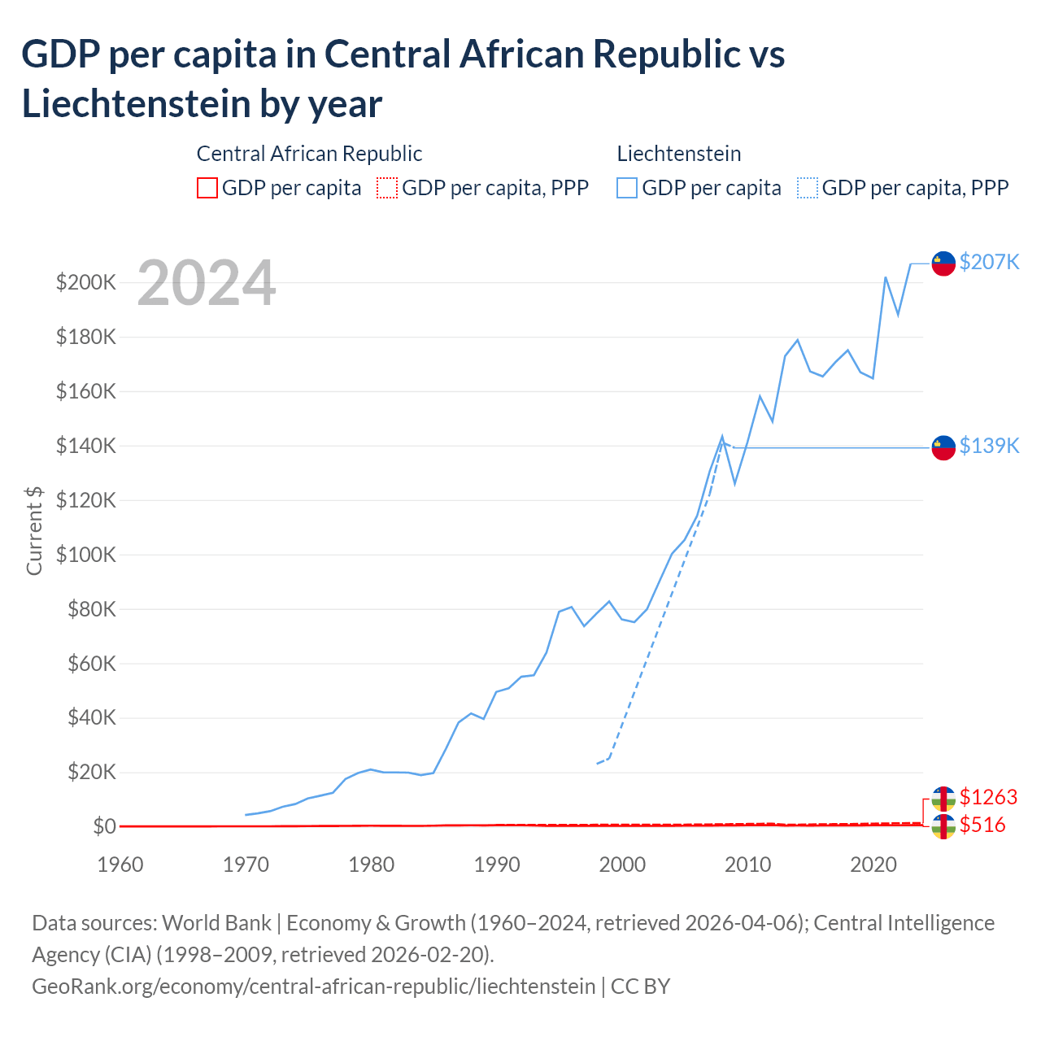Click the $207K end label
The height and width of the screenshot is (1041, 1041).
coord(989,262)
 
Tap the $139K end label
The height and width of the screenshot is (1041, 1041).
coord(989,446)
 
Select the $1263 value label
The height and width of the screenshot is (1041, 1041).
coord(988,797)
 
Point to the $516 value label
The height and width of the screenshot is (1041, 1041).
coord(982,825)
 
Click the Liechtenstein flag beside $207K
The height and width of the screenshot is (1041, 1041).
coord(943,264)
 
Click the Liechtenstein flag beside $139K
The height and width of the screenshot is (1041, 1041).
coord(943,447)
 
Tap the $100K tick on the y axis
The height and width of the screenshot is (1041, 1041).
coord(86,555)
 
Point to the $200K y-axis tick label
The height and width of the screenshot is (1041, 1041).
coord(86,282)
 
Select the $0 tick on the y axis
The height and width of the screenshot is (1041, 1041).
coord(104,826)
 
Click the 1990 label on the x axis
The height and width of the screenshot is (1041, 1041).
coord(497,865)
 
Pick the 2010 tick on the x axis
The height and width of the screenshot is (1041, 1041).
coord(747,865)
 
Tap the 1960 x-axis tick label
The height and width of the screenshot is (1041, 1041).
coord(120,865)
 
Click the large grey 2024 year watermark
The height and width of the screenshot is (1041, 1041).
coord(207,283)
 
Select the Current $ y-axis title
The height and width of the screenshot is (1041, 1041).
coord(34,530)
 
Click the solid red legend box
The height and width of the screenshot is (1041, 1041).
coord(207,188)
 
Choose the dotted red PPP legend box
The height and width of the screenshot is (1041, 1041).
coord(387,188)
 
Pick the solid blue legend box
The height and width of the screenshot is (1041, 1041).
coord(627,188)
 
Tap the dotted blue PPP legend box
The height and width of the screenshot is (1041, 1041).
coord(808,188)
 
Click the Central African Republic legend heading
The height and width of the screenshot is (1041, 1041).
coord(310,154)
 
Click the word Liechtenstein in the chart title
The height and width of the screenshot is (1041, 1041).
coord(134,104)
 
